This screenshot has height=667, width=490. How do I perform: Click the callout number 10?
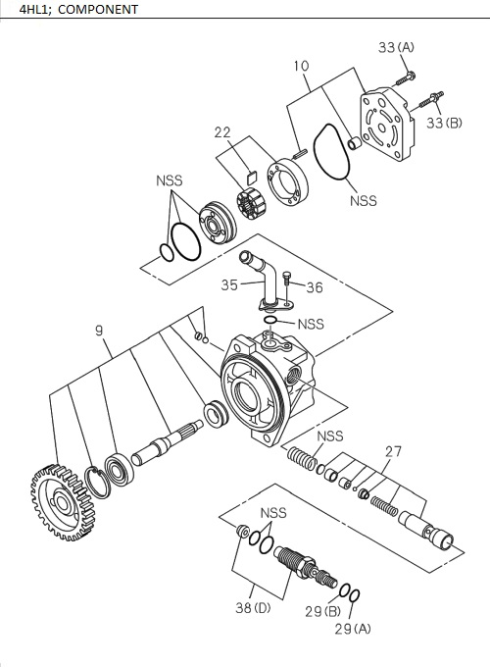pos(302,66)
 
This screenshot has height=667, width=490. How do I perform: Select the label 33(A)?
pos(396,47)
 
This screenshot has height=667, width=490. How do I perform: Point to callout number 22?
pos(224,131)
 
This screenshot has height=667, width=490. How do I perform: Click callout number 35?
pos(229,285)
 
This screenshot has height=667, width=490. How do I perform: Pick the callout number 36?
pos(314,287)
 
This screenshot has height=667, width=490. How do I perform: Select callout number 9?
pos(100,332)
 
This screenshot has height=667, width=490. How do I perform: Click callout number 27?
pos(393,451)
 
